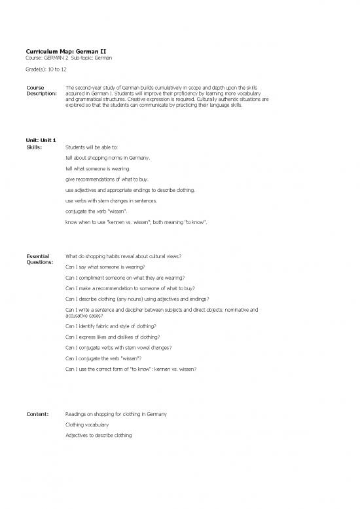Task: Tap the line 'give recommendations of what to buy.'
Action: click(112, 179)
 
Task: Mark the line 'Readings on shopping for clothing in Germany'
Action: click(116, 414)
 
